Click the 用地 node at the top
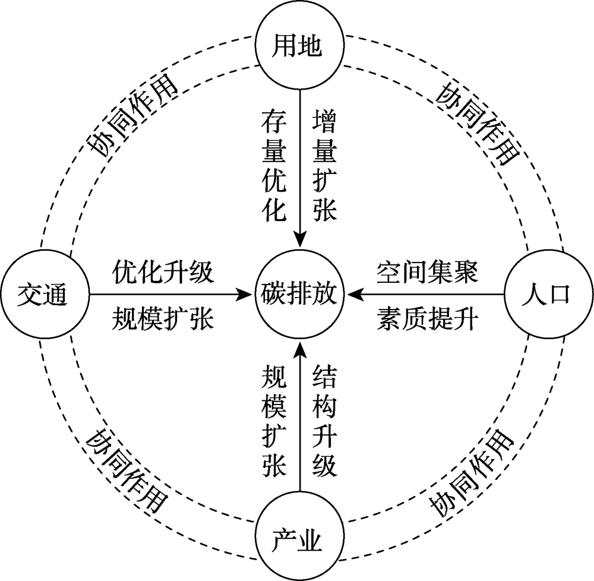click(299, 45)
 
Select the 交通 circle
click(45, 294)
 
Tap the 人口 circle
click(548, 294)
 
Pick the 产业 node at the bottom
click(299, 536)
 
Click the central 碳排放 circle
click(299, 294)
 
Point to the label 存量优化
click(274, 166)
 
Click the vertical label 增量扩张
click(325, 166)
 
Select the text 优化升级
click(163, 271)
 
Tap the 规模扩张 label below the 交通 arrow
click(163, 318)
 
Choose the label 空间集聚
click(427, 271)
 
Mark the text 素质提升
click(427, 318)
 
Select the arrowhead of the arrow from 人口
click(355, 294)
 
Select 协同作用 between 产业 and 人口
click(472, 473)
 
